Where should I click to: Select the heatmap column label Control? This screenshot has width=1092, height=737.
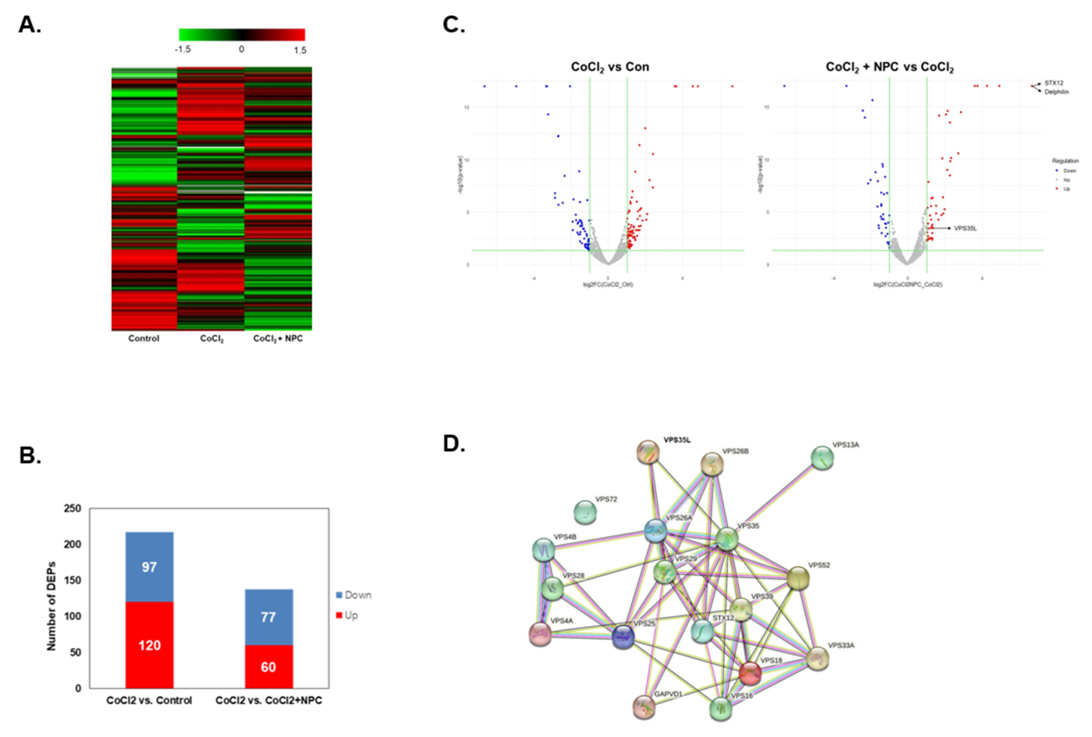coord(144,338)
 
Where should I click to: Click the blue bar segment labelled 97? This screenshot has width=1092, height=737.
coord(149,567)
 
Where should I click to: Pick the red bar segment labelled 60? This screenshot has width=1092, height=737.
coord(268,667)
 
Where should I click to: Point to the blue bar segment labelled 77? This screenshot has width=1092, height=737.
coord(268,617)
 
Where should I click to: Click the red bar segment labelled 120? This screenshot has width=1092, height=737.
coord(149,645)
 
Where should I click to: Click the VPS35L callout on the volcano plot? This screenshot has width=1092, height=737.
coord(965,228)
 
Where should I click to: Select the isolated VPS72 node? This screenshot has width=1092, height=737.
coord(585,512)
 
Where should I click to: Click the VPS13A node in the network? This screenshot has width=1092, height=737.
coord(822,458)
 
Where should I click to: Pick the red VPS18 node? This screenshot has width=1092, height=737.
coord(749,673)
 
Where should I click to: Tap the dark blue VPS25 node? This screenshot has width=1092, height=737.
coord(623,637)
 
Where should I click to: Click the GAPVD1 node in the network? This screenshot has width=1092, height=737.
coord(644,707)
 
